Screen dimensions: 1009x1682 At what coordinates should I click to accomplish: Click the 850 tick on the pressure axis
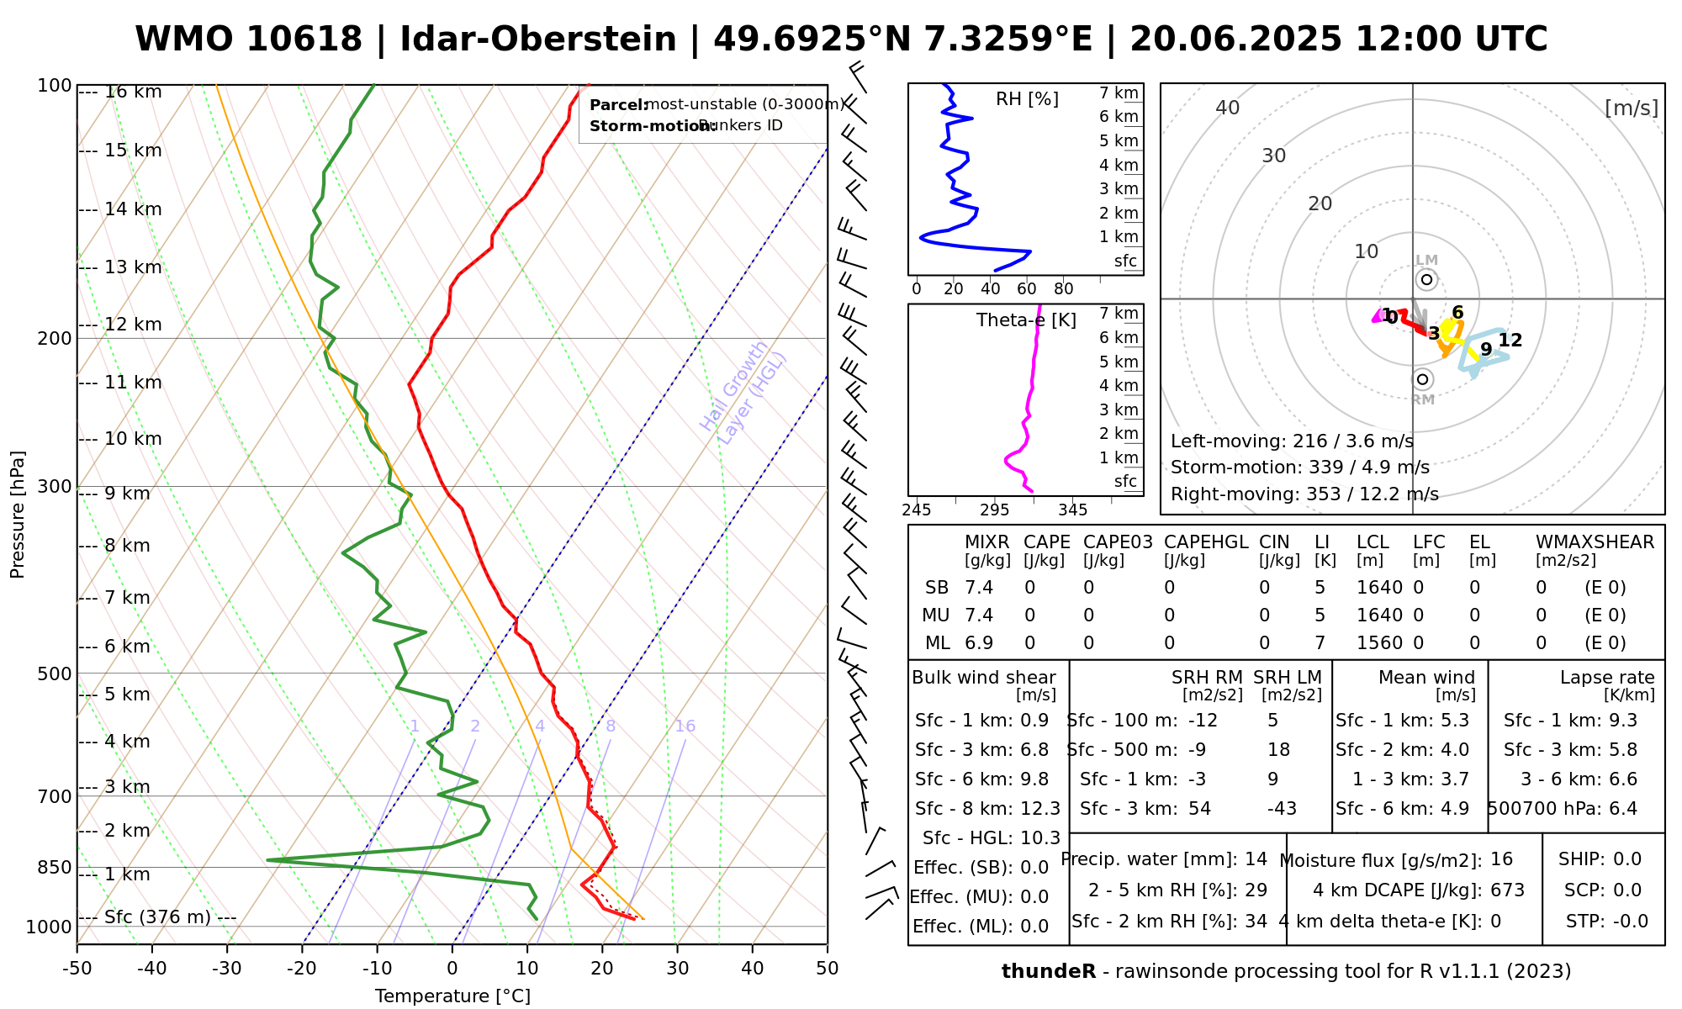(x=56, y=867)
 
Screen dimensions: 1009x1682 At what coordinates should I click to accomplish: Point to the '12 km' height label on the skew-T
(x=133, y=325)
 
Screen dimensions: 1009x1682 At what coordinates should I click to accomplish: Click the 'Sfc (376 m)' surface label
(x=157, y=917)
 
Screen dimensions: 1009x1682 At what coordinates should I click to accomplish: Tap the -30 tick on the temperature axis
(x=227, y=969)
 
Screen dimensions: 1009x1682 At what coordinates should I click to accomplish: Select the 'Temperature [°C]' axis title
(x=452, y=996)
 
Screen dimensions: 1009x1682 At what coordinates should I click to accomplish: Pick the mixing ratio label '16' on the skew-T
(x=685, y=726)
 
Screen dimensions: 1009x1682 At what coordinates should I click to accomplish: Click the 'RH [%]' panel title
(x=1027, y=99)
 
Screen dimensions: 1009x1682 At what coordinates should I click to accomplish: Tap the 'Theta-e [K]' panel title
(x=1026, y=320)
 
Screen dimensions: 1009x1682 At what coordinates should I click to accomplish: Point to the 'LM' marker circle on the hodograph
(x=1426, y=279)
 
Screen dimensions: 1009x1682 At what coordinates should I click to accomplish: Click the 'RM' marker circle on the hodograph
(x=1422, y=379)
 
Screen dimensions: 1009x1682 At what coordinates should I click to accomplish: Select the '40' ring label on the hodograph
(x=1228, y=108)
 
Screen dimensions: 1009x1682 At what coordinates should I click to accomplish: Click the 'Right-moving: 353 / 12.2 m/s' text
(x=1304, y=494)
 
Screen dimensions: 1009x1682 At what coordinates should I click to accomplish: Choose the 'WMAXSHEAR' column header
(x=1595, y=542)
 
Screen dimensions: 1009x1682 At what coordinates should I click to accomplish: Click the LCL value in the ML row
(x=1379, y=643)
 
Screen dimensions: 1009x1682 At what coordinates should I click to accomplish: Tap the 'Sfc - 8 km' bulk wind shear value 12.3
(x=1040, y=809)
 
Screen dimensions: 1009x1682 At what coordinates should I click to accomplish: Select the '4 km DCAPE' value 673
(x=1507, y=890)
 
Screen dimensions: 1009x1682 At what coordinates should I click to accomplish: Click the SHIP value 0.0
(x=1626, y=859)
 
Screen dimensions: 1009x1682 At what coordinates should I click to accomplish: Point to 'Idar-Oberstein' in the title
(x=538, y=40)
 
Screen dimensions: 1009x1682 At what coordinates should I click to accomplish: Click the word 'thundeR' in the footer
(x=1048, y=972)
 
